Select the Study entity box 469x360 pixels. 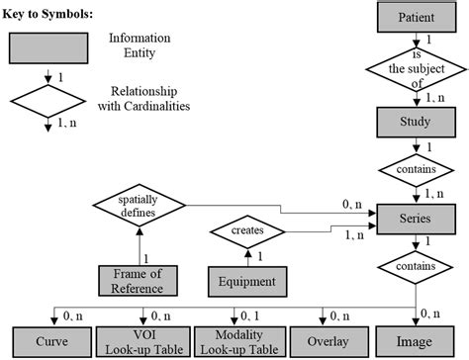[415, 123]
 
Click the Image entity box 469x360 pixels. [415, 339]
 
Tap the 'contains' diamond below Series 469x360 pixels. [415, 267]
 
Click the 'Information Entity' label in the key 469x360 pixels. [139, 45]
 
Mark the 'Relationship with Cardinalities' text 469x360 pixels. [146, 99]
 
